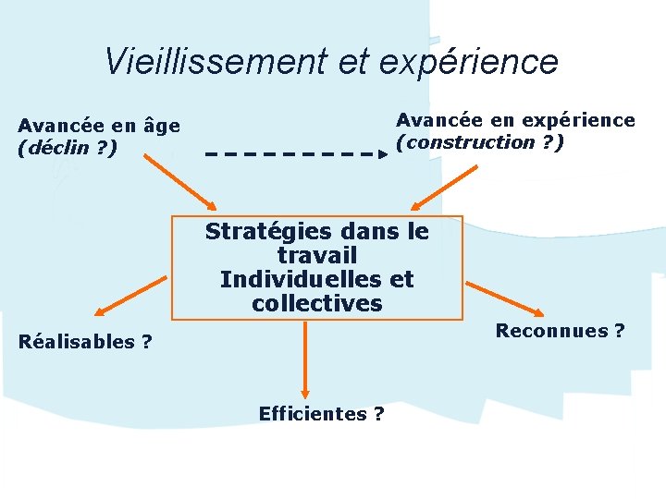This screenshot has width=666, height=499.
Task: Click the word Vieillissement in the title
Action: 212,62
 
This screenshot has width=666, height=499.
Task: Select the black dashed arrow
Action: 295,153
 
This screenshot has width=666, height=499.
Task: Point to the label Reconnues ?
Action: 560,330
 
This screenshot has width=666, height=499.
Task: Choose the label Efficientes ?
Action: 321,414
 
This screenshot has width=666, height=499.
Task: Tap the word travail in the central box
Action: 316,255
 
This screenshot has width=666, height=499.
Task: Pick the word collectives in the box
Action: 316,303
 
